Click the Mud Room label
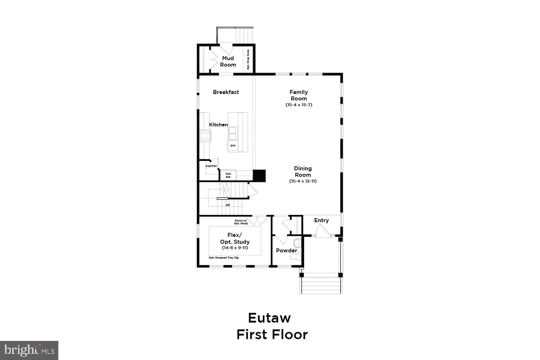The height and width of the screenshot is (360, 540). pyautogui.click(x=228, y=62)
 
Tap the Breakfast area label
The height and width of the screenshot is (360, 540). pyautogui.click(x=226, y=92)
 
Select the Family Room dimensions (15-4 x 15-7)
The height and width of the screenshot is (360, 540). pyautogui.click(x=298, y=105)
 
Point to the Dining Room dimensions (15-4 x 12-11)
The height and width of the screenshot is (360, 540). pyautogui.click(x=303, y=181)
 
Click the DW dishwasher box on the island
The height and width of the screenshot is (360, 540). pyautogui.click(x=233, y=145)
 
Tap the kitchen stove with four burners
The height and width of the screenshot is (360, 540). pyautogui.click(x=205, y=136)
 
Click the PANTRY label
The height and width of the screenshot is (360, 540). pyautogui.click(x=211, y=166)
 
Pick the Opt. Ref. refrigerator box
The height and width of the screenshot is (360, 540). pyautogui.click(x=228, y=175)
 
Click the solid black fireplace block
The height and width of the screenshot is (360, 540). pyautogui.click(x=259, y=175)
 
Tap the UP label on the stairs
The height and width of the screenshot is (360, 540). pyautogui.click(x=228, y=205)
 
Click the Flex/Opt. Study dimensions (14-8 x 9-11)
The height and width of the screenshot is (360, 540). pyautogui.click(x=235, y=248)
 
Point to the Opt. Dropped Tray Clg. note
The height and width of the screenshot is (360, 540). pyautogui.click(x=224, y=258)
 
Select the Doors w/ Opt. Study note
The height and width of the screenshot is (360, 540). pyautogui.click(x=241, y=222)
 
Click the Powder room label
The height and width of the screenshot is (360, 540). pyautogui.click(x=287, y=251)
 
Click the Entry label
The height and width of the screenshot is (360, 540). pyautogui.click(x=321, y=220)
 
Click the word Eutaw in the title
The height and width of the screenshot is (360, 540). pyautogui.click(x=269, y=318)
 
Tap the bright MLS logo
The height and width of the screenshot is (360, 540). pyautogui.click(x=29, y=350)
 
